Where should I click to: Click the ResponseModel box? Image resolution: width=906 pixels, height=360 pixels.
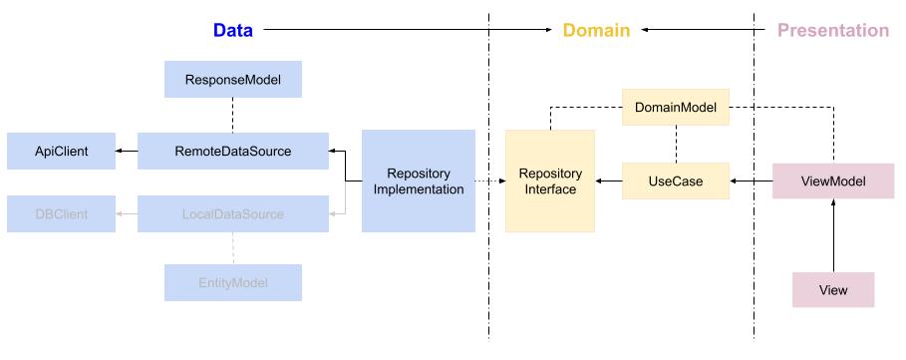231,79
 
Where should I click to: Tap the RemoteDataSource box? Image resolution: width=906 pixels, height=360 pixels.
232,151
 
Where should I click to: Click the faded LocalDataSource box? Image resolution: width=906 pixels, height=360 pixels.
232,213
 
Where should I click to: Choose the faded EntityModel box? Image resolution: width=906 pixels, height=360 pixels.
231,282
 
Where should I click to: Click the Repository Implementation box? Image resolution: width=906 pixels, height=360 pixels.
418,180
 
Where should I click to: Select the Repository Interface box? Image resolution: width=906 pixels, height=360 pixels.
549,180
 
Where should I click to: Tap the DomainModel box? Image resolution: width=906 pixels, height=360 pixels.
676,107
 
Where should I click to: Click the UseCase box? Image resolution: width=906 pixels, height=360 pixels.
676,180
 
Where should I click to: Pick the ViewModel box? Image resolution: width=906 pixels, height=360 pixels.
833,180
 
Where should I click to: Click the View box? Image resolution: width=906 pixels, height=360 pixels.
833,289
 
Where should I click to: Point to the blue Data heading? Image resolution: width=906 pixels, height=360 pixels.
232,30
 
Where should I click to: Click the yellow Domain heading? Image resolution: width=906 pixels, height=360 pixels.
596,30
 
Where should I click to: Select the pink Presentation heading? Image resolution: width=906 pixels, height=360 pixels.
832,30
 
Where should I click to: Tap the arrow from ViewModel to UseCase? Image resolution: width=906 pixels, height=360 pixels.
752,180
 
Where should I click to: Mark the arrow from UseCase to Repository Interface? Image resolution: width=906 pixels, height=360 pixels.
609,180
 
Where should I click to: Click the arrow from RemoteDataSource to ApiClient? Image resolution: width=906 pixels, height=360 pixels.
125,151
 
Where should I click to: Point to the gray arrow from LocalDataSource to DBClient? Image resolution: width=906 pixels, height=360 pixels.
125,213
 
